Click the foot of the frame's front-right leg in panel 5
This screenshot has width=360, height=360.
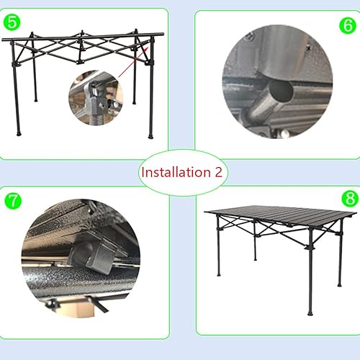coord(150,136)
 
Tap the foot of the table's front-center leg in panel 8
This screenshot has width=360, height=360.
coord(310,313)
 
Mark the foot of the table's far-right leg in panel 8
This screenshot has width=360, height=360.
coord(338,285)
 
